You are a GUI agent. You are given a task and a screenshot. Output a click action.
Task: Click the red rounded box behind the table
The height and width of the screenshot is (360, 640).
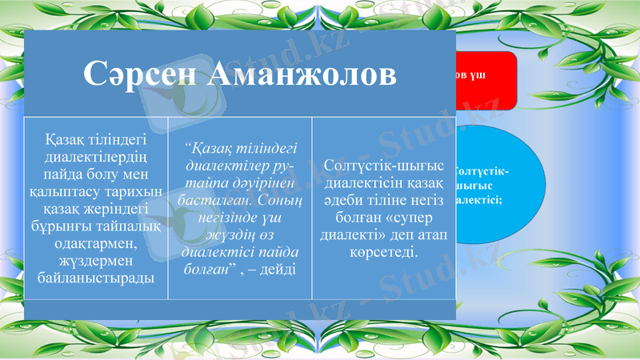[487, 80]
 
